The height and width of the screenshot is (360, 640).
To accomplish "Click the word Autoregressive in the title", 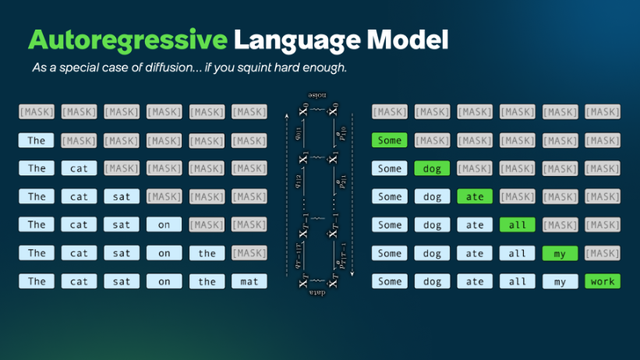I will click(x=125, y=40).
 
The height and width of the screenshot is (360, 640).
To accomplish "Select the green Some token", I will click(x=390, y=141).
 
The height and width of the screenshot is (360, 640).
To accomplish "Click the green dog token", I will click(x=433, y=169).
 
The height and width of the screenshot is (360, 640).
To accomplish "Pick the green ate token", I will click(x=475, y=197).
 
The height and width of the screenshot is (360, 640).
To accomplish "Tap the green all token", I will click(x=518, y=225).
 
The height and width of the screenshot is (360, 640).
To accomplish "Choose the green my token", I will click(x=561, y=253).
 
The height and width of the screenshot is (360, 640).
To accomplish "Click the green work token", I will click(x=603, y=281).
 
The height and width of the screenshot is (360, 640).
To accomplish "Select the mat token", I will click(x=249, y=281).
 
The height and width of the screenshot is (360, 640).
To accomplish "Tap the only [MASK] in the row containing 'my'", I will click(x=603, y=253).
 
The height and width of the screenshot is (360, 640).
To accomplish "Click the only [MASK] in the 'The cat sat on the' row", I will click(x=249, y=253).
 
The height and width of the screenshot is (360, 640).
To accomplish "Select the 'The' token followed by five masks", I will click(x=37, y=141).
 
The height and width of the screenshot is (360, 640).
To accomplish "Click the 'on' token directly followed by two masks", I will click(x=164, y=225).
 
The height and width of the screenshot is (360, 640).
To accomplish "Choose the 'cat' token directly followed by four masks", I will click(x=79, y=169).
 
